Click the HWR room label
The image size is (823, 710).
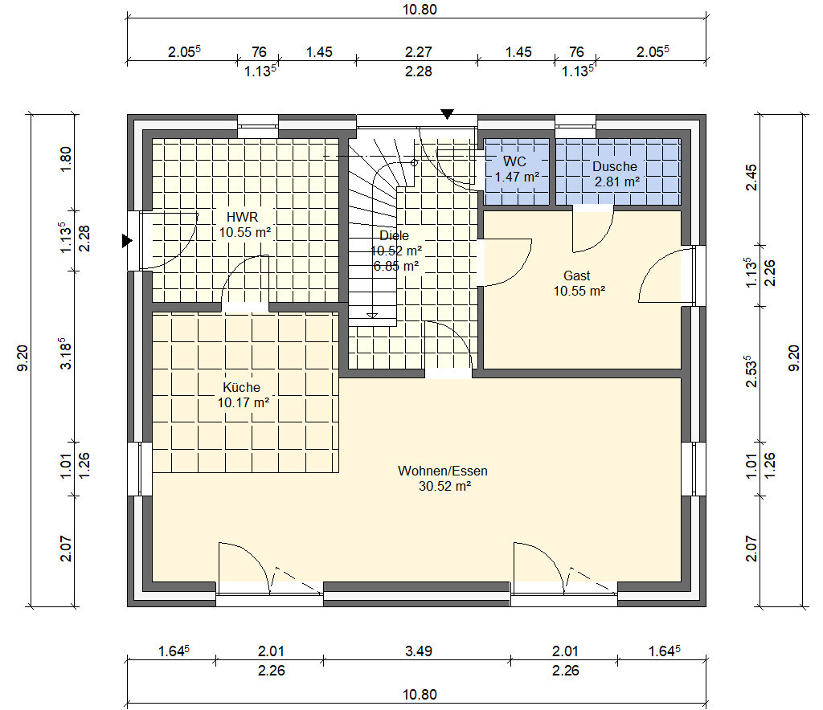242,217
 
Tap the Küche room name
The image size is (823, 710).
241,387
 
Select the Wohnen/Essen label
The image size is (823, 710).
443,471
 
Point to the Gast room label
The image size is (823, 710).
577,275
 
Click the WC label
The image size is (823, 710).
514,161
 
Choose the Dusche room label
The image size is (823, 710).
615,167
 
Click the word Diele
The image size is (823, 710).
394,235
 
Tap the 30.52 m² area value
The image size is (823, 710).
444,487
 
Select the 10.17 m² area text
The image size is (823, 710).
244,402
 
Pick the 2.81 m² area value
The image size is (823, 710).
616,182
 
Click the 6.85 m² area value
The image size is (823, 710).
395,266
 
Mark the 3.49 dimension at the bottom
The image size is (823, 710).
418,651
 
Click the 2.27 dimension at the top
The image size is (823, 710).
418,52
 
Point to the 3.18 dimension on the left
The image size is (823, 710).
65,354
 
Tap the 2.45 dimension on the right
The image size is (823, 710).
751,177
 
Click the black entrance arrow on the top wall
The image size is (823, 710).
447,114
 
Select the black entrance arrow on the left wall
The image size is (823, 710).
127,241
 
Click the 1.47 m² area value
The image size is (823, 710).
517,177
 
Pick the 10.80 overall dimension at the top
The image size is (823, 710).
420,10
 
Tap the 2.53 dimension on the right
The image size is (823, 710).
751,372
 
